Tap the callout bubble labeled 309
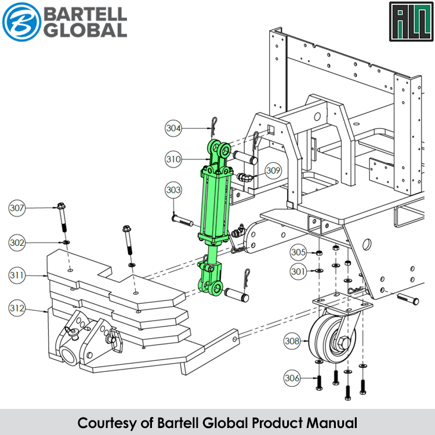[x=274, y=171]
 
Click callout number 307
[x=17, y=207]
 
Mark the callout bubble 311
[x=17, y=275]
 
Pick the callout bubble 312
[x=17, y=309]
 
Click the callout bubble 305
[x=298, y=252]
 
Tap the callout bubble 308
[x=293, y=342]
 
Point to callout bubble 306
[x=293, y=378]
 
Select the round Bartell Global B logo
[x=22, y=21]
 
